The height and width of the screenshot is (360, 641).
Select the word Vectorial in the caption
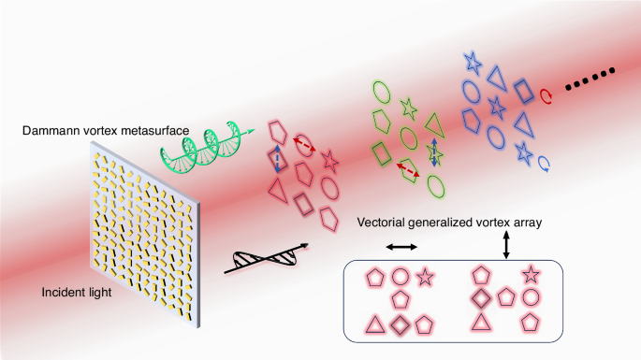point(385,223)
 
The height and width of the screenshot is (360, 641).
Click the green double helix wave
point(216,140)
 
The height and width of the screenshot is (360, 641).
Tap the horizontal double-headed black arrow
point(401,247)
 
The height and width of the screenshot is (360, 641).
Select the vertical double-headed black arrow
point(506,245)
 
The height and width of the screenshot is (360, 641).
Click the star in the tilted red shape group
point(329,160)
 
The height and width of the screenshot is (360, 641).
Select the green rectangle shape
point(381,151)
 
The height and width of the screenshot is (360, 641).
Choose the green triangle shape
point(432,122)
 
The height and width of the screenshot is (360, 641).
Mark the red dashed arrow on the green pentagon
point(408,169)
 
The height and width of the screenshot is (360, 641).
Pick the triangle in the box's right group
point(482,323)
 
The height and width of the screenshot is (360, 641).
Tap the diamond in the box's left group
point(400,324)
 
